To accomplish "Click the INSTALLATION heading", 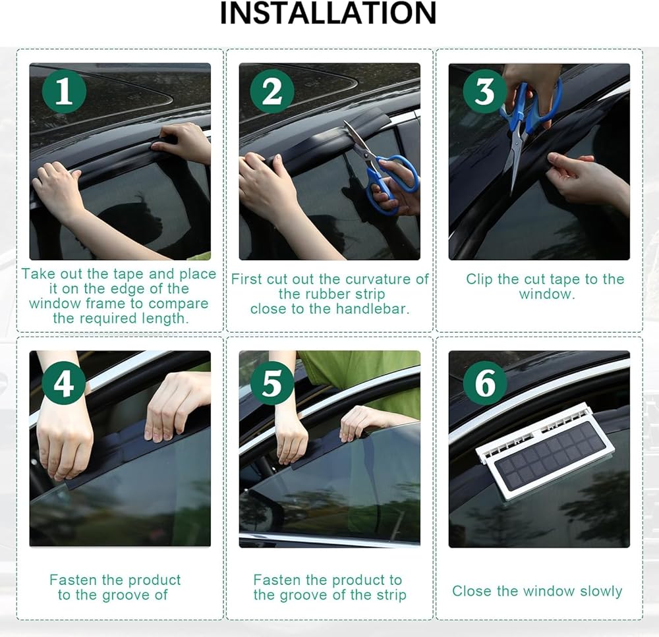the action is [328, 14].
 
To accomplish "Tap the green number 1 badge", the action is [64, 91].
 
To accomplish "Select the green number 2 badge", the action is [272, 91].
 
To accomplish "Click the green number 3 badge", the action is [484, 91].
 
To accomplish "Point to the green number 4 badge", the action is [64, 383].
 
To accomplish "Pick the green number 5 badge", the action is [272, 383].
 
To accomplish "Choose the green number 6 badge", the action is [484, 383].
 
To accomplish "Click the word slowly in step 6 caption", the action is [600, 591].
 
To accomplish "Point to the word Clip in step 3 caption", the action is [478, 279].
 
